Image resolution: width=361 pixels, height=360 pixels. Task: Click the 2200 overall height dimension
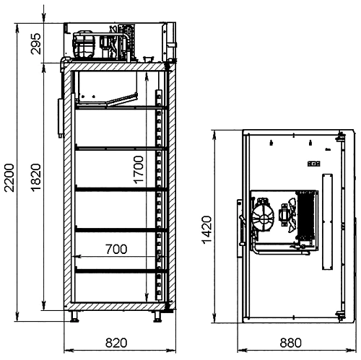click(9, 177)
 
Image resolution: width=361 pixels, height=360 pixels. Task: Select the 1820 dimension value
click(36, 177)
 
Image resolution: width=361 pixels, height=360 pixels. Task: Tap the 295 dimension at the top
click(36, 44)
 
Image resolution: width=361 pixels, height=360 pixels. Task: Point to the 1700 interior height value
click(139, 170)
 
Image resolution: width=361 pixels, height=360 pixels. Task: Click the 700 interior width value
click(116, 249)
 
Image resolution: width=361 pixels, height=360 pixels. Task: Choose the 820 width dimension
click(116, 343)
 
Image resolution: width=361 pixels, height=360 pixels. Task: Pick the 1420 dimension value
click(207, 230)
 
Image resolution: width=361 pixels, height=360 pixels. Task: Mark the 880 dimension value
click(290, 343)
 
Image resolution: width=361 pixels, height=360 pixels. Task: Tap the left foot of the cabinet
click(74, 316)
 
